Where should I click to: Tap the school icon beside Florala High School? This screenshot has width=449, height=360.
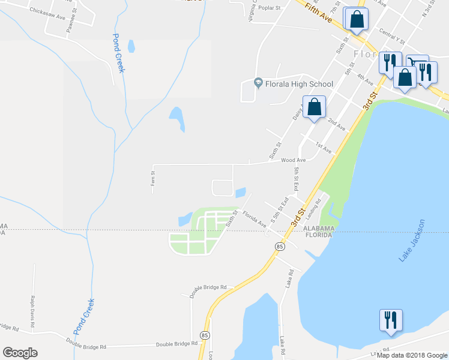tap(259, 83)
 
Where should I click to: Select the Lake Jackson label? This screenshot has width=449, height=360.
tap(412, 240)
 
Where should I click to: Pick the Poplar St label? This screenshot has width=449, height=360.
tap(270, 8)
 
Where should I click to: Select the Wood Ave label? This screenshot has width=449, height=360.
tap(294, 160)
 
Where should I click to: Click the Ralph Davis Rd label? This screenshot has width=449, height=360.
tap(33, 306)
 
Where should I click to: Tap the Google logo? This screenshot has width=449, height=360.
tap(20, 353)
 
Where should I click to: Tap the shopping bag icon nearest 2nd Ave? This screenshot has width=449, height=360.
tap(314, 107)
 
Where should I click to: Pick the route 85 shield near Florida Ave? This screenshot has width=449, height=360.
tap(280, 247)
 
